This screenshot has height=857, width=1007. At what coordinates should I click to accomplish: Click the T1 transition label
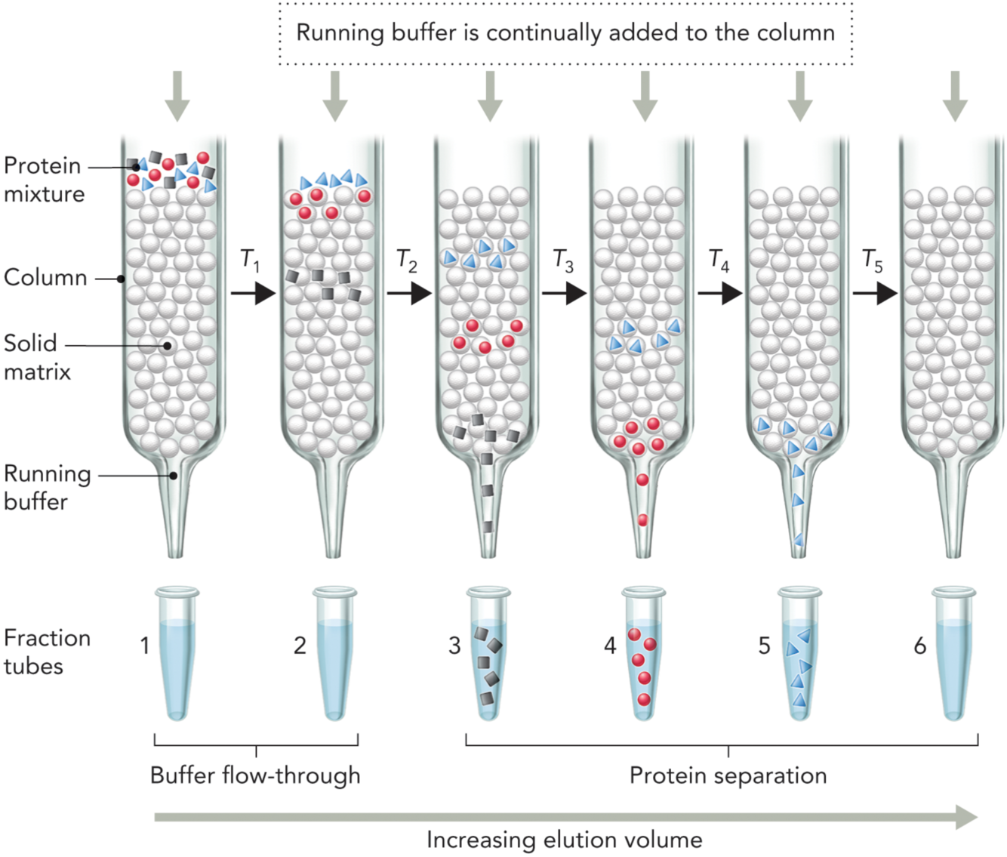pos(250,260)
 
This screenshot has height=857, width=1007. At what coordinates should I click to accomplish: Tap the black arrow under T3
pos(564,293)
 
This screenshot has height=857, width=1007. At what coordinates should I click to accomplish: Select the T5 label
pos(873,260)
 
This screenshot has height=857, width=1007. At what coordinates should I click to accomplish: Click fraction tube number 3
pos(488,654)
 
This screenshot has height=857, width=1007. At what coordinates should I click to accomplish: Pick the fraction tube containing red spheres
pos(643,654)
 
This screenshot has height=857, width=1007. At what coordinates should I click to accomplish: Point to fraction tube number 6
pos(954,654)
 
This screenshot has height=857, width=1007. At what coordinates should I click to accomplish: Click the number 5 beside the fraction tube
pos(765,646)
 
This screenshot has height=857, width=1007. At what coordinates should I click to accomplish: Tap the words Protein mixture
pos(44,180)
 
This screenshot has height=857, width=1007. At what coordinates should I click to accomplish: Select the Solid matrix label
pos(36,357)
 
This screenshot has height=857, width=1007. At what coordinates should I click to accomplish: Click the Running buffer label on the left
pos(47,488)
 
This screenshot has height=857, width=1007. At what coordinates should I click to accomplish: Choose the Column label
pos(45,278)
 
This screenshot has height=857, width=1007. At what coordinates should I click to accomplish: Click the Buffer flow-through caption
pos(255,775)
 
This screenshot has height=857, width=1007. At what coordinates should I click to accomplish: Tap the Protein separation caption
pos(728,775)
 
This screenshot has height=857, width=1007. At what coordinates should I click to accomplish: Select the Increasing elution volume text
pos(564,840)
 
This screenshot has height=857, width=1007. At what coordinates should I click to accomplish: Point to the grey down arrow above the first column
pos(177,95)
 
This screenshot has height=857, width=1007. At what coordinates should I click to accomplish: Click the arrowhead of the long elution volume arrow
pos(967,817)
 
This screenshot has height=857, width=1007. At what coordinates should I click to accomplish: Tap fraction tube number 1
pos(178,654)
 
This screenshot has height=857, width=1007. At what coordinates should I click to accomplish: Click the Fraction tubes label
pos(47,652)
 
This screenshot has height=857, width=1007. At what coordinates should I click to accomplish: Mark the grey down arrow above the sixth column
pos(956,95)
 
